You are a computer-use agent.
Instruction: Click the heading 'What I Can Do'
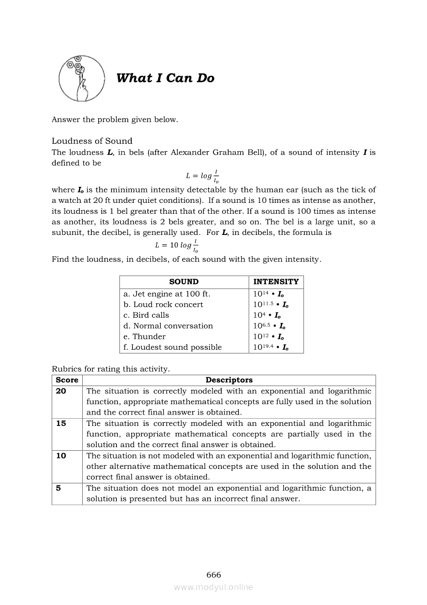click(x=165, y=78)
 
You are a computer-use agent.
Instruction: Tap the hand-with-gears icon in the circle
click(x=78, y=78)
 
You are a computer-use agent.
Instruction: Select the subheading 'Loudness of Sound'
click(x=92, y=141)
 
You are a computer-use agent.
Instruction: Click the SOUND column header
click(x=184, y=282)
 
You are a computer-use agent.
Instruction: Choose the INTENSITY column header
click(x=276, y=282)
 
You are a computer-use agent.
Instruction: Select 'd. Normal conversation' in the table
click(x=168, y=326)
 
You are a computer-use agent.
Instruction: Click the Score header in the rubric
click(x=67, y=380)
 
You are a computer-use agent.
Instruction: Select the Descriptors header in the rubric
click(x=229, y=380)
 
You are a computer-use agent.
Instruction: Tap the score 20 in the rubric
click(x=61, y=391)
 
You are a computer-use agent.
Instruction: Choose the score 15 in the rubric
click(x=61, y=423)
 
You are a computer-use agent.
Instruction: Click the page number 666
click(x=213, y=575)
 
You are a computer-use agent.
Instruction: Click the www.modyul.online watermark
click(x=213, y=587)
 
